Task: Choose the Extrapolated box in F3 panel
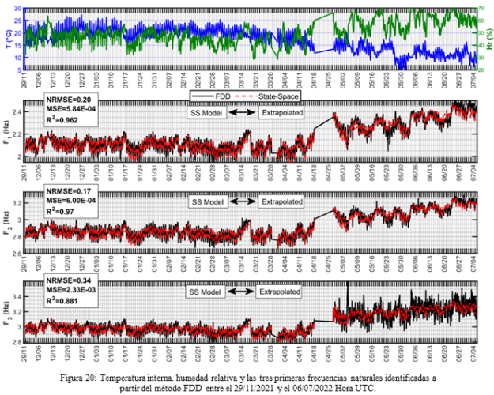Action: [279, 292]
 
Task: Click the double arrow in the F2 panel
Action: [241, 202]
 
